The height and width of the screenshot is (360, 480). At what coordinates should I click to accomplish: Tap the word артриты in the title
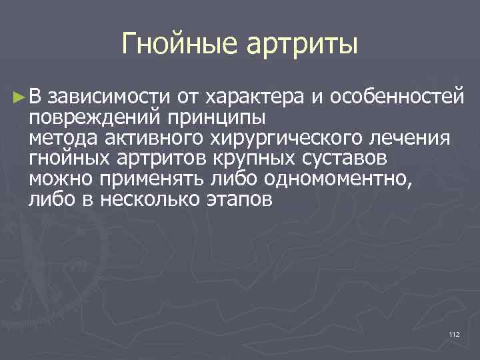click(304, 45)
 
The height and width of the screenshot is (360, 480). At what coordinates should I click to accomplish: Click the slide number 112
click(455, 334)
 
